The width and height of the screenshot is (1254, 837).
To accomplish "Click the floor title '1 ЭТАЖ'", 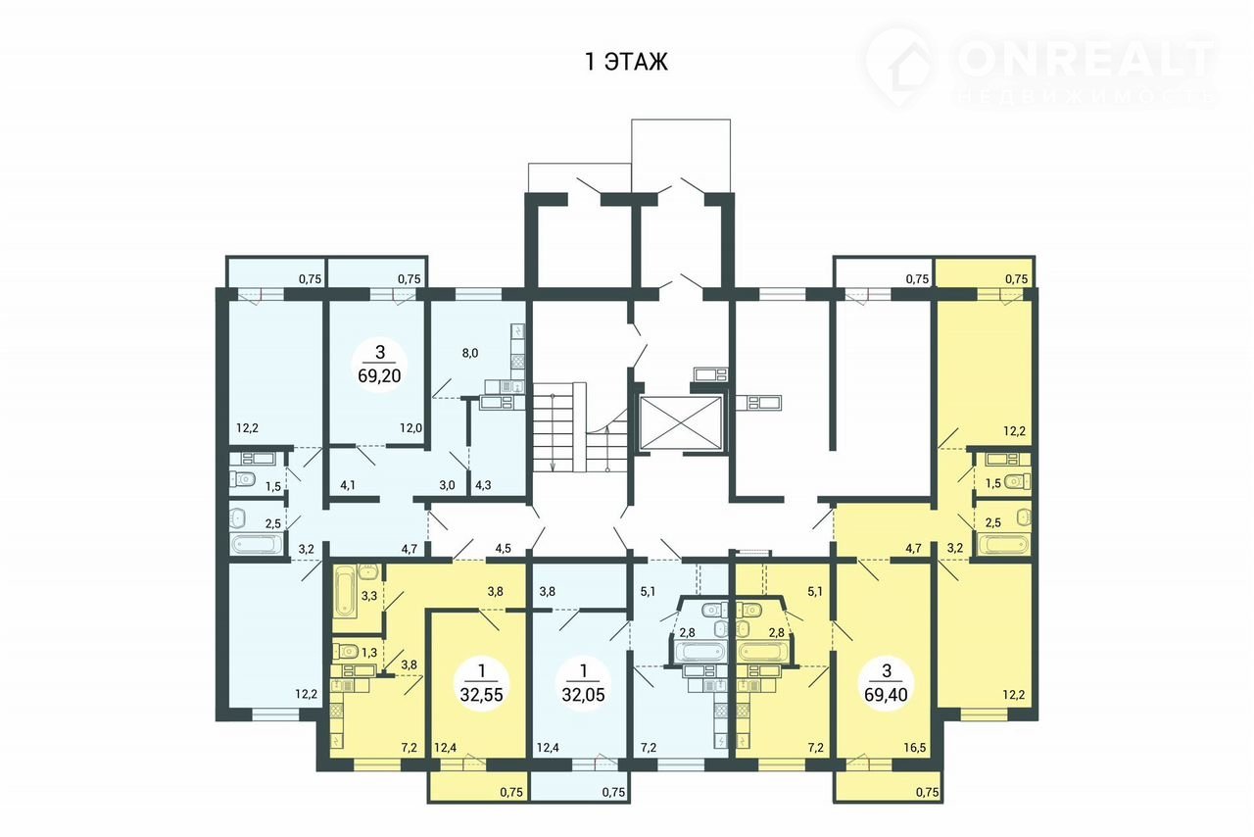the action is pyautogui.click(x=626, y=61).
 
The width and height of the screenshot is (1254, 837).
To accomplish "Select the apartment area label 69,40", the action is pyautogui.click(x=887, y=695).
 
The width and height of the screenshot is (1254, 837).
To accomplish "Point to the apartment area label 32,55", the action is pyautogui.click(x=481, y=695).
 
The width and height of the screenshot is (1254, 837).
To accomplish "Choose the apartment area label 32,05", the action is pyautogui.click(x=583, y=695).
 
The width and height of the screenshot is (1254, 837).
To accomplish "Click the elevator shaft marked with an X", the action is pyautogui.click(x=680, y=423).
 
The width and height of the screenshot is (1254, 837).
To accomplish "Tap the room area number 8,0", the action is pyautogui.click(x=470, y=353).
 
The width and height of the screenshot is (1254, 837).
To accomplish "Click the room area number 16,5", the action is pyautogui.click(x=915, y=748).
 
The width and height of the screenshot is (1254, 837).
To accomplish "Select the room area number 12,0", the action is pyautogui.click(x=410, y=428).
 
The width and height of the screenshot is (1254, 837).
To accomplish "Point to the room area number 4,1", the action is pyautogui.click(x=348, y=485).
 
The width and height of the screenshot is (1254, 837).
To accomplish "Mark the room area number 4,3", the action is pyautogui.click(x=483, y=485).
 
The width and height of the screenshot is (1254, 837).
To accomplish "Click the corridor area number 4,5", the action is pyautogui.click(x=504, y=549).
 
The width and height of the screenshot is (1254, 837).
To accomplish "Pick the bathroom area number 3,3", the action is pyautogui.click(x=369, y=596).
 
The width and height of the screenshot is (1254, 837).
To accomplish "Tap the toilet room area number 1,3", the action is pyautogui.click(x=369, y=652).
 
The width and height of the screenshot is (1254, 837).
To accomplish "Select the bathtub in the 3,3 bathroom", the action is pyautogui.click(x=346, y=592).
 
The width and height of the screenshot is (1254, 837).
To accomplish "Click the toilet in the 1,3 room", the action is pyautogui.click(x=346, y=652).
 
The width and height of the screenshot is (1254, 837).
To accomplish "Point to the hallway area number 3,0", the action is pyautogui.click(x=447, y=485).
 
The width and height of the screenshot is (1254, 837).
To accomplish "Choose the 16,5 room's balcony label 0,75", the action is pyautogui.click(x=927, y=792).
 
